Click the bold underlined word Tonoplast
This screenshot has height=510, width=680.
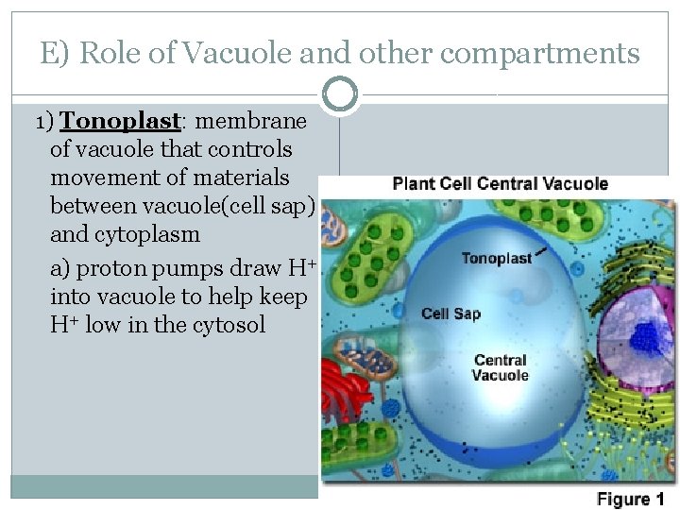[120, 122]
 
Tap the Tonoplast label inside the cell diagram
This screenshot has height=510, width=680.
[497, 258]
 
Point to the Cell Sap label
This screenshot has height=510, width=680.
[450, 314]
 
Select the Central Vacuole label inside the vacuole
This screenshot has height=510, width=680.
[501, 367]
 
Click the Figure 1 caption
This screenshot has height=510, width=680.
[630, 499]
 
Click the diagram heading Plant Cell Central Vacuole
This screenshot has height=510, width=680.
[500, 183]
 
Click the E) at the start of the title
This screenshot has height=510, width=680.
[55, 54]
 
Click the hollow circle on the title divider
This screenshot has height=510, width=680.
[340, 94]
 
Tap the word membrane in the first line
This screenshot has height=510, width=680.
[252, 122]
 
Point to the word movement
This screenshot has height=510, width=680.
[100, 178]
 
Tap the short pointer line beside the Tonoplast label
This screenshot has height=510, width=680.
[542, 251]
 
